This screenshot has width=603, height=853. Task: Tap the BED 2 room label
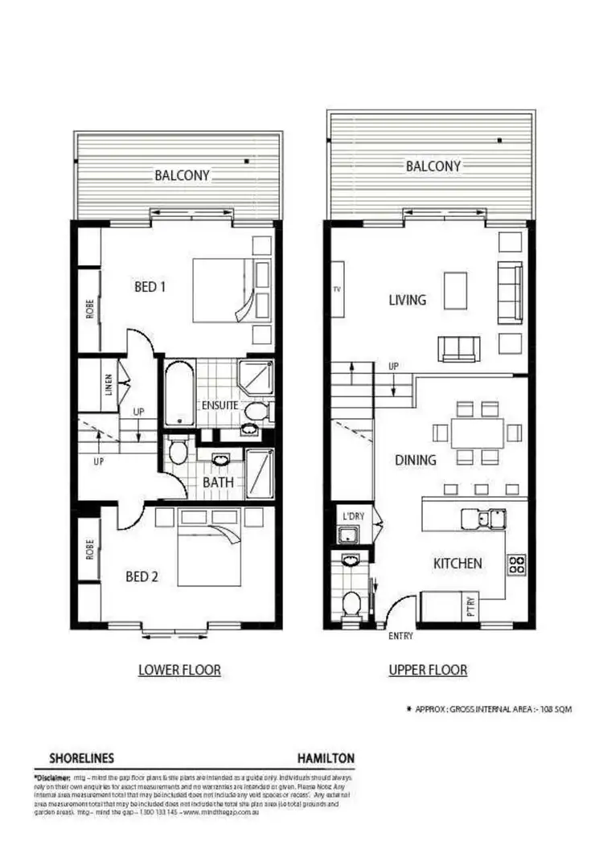tap(142, 576)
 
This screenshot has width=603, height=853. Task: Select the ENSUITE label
tap(219, 404)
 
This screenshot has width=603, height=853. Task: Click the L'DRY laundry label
tap(354, 514)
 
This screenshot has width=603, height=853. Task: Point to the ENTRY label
tap(400, 636)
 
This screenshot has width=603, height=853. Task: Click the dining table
tap(477, 433)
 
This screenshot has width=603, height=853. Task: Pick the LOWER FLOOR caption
tap(179, 669)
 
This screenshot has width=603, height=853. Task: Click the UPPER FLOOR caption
tap(428, 669)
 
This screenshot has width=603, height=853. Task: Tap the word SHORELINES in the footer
tap(81, 758)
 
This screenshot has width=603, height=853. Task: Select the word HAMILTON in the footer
tap(326, 758)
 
